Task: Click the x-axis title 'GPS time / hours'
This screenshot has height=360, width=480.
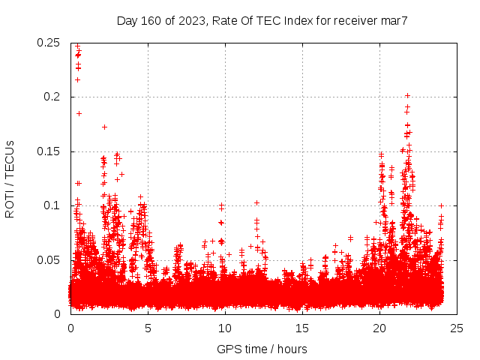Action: [x=262, y=349]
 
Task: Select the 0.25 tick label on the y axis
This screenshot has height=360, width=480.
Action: [x=49, y=43]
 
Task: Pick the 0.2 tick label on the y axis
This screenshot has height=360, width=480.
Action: [x=52, y=97]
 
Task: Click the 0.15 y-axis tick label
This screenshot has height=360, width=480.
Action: [x=49, y=151]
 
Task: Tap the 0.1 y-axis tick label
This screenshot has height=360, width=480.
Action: [x=52, y=205]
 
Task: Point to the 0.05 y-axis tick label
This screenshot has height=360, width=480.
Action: [x=49, y=260]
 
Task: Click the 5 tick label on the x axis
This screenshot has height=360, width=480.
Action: [x=148, y=328]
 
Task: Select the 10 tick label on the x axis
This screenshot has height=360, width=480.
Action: [x=225, y=328]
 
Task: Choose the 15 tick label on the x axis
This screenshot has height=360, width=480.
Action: [x=302, y=328]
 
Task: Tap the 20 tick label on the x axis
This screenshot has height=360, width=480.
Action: [x=379, y=328]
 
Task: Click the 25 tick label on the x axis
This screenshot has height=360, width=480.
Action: [x=457, y=328]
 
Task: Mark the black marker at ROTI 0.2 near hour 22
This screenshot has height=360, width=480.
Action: [x=407, y=95]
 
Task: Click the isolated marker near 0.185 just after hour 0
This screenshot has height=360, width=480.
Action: [x=79, y=113]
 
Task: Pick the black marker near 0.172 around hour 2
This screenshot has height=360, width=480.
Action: [x=104, y=127]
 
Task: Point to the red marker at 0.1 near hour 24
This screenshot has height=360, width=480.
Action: [x=441, y=205]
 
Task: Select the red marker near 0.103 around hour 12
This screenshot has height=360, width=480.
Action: [x=256, y=202]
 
